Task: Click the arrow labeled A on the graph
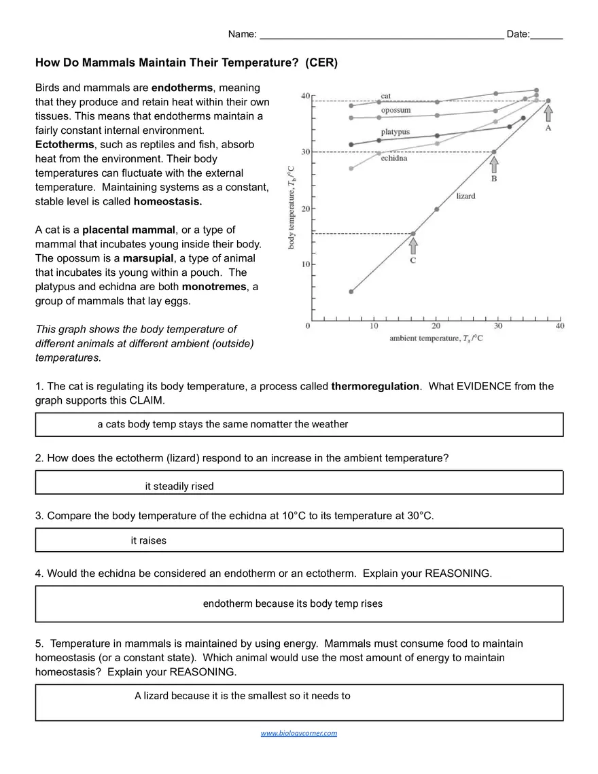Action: pyautogui.click(x=548, y=113)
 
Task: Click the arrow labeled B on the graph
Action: pyautogui.click(x=494, y=164)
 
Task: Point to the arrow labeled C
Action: pyautogui.click(x=413, y=246)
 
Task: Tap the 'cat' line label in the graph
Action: pyautogui.click(x=385, y=96)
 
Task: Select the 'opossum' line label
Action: pyautogui.click(x=395, y=110)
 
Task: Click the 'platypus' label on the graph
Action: pyautogui.click(x=395, y=132)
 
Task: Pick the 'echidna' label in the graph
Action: pyautogui.click(x=393, y=158)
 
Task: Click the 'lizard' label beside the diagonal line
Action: pyautogui.click(x=465, y=196)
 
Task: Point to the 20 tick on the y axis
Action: pyautogui.click(x=306, y=209)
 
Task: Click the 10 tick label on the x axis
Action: pyautogui.click(x=374, y=327)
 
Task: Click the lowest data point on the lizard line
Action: pyautogui.click(x=351, y=292)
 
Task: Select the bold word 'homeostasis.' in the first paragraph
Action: pyautogui.click(x=168, y=202)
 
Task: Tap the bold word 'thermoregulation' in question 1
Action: pyautogui.click(x=375, y=386)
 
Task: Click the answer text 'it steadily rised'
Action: pyautogui.click(x=179, y=486)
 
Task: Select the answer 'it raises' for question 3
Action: pyautogui.click(x=148, y=540)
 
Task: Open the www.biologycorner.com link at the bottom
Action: pyautogui.click(x=299, y=733)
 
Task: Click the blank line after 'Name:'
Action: pyautogui.click(x=381, y=35)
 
